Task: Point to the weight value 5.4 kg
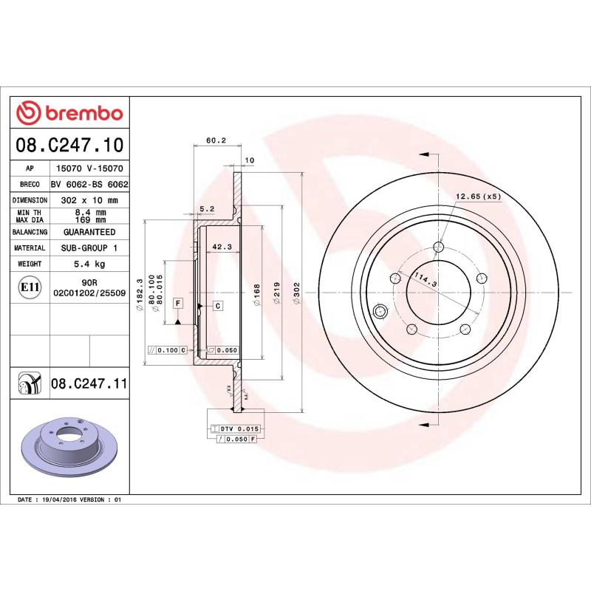tap(89, 264)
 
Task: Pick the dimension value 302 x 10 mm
tap(89, 200)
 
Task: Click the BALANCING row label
tap(30, 232)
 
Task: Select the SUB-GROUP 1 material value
tap(89, 248)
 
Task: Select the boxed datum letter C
tap(219, 305)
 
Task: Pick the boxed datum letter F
tap(178, 304)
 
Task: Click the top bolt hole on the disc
tap(439, 247)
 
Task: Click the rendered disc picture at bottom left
tap(70, 451)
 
